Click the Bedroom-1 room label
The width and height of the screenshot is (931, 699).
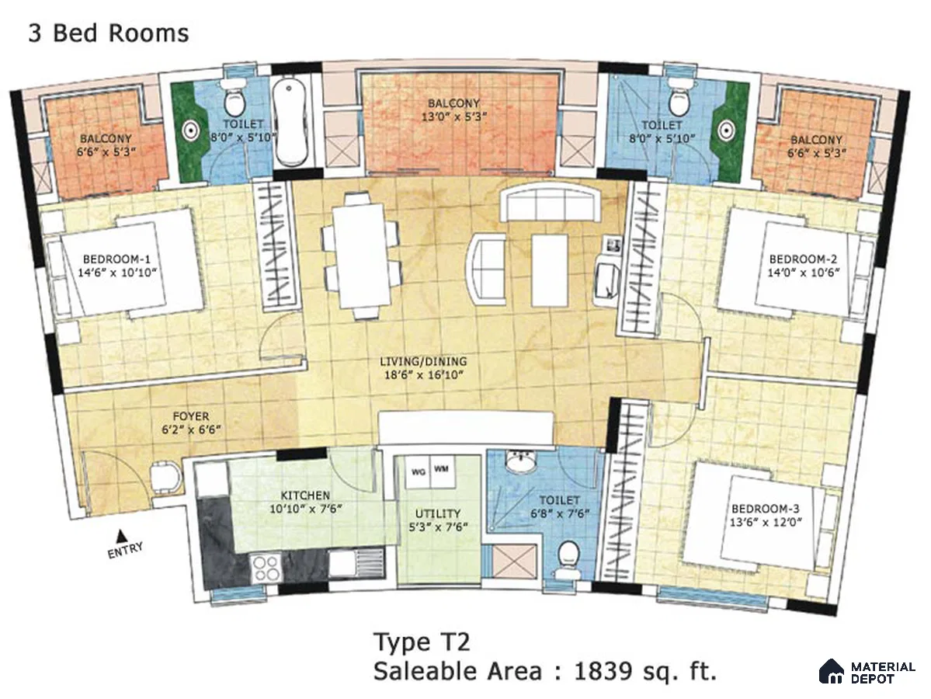pyautogui.click(x=116, y=259)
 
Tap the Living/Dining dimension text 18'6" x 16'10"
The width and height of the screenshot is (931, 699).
pyautogui.click(x=423, y=374)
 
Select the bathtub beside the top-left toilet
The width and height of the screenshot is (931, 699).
pyautogui.click(x=291, y=123)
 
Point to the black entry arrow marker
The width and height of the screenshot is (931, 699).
pyautogui.click(x=120, y=534)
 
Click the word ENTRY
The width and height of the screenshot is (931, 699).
pyautogui.click(x=125, y=549)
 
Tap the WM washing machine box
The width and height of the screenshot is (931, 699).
pyautogui.click(x=440, y=470)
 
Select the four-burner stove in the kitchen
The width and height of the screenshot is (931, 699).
pyautogui.click(x=266, y=567)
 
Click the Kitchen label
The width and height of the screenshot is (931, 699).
pyautogui.click(x=305, y=496)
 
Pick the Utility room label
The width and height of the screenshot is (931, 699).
pyautogui.click(x=438, y=513)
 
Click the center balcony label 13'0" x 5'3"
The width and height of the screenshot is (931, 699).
pyautogui.click(x=454, y=116)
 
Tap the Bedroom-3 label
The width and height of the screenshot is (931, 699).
pyautogui.click(x=766, y=509)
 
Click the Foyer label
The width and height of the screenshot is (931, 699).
pyautogui.click(x=190, y=416)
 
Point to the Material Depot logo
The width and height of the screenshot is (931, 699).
pyautogui.click(x=867, y=672)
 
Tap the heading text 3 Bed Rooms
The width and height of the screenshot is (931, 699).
pyautogui.click(x=109, y=33)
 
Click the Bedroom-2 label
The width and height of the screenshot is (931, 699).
pyautogui.click(x=803, y=259)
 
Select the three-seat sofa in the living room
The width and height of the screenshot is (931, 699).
pyautogui.click(x=549, y=203)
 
